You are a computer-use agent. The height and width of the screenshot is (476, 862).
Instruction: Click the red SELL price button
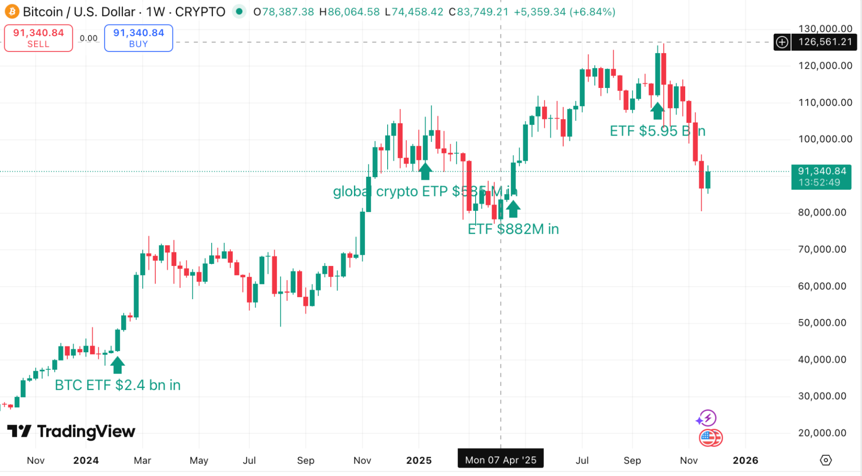[x=38, y=38]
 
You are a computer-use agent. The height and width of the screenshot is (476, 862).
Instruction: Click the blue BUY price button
[x=138, y=38]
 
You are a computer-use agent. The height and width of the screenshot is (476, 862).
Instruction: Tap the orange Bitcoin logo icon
[x=12, y=12]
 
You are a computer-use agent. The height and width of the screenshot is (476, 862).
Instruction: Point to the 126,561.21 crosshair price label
[x=824, y=42]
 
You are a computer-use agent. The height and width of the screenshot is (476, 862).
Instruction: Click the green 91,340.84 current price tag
[x=821, y=177]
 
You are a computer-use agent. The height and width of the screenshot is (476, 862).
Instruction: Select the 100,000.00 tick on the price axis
[x=825, y=139]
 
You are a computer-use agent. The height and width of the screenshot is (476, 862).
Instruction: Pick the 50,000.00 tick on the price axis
[x=822, y=323]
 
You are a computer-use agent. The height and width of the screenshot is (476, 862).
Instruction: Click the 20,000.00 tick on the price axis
[x=822, y=432]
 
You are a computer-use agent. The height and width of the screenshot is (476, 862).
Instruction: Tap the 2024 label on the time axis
[x=86, y=460]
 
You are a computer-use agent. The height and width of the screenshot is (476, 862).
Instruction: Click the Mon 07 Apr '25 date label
[x=500, y=460]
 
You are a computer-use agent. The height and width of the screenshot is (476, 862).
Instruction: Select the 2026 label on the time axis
[x=745, y=460]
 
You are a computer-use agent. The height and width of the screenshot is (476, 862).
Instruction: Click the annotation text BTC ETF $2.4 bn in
[x=117, y=385]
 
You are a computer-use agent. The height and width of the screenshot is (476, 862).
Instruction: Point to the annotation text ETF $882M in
[x=513, y=229]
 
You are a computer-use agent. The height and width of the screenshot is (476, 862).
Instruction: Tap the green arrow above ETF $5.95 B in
[x=657, y=111]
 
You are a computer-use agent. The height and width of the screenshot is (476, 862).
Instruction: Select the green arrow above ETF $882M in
[x=513, y=209]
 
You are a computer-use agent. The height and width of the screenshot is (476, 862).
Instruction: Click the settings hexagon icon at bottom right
[x=825, y=460]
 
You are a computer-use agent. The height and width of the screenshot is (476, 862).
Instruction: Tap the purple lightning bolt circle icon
[x=707, y=418]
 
